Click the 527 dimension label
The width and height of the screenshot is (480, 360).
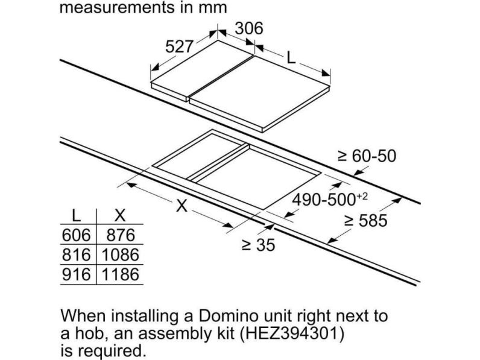coord(179,47)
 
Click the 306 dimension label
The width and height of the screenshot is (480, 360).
coord(249,28)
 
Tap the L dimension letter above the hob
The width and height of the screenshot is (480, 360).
coord(291,57)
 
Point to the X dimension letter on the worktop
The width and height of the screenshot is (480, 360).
coord(182,206)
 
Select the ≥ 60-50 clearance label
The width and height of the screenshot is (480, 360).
coord(367,156)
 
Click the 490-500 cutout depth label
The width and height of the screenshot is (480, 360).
coord(330,200)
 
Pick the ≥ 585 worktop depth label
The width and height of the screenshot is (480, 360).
coord(366,221)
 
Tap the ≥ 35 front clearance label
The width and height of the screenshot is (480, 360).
coord(259,245)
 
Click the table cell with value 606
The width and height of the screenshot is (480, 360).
coord(76,235)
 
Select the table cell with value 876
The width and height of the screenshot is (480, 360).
coord(121,235)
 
